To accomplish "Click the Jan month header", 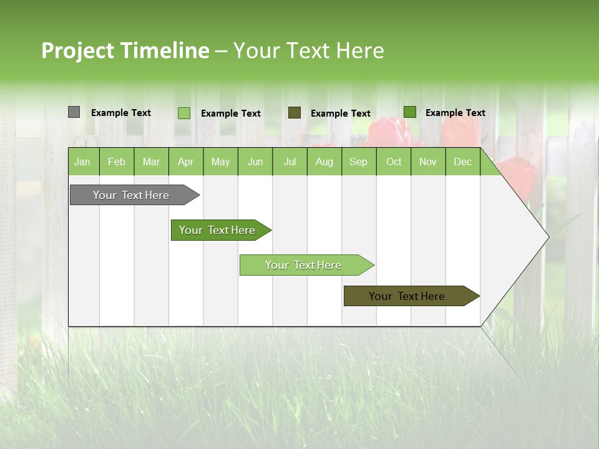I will (82, 162).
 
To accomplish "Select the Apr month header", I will (186, 162).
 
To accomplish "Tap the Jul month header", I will (290, 162).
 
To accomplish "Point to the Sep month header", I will (358, 162).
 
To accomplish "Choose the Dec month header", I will (462, 162).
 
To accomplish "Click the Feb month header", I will (117, 162).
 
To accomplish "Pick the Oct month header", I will (394, 162).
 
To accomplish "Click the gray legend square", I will (74, 112).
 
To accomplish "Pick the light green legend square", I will (183, 113).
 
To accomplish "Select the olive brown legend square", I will (294, 112).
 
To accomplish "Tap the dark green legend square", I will (409, 112).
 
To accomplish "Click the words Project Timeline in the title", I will (125, 51).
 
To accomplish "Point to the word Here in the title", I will (359, 51).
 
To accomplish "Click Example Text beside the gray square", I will (121, 113).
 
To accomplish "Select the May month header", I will (220, 162).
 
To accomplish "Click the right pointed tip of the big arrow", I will (548, 236).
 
